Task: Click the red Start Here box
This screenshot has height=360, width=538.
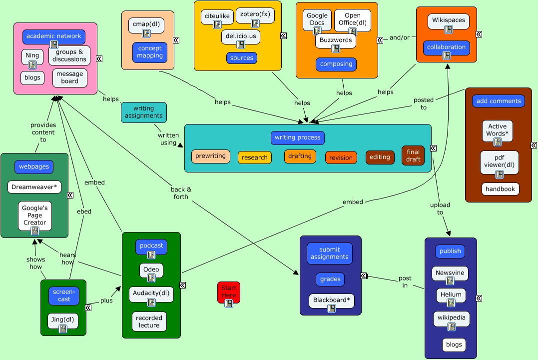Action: tap(228, 290)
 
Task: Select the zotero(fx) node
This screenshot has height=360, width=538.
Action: tap(255, 15)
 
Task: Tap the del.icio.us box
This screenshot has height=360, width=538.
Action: tap(240, 36)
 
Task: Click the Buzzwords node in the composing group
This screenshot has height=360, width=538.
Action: tap(335, 40)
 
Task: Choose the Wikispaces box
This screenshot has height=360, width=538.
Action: tap(448, 20)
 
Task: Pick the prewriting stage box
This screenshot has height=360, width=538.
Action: tap(210, 156)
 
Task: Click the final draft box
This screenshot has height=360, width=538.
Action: tap(413, 155)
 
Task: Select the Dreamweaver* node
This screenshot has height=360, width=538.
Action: tap(34, 187)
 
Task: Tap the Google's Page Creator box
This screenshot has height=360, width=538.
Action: tap(35, 215)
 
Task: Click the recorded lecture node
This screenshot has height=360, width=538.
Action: tap(149, 321)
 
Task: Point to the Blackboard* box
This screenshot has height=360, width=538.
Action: tap(331, 300)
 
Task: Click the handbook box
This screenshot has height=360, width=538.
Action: tap(500, 189)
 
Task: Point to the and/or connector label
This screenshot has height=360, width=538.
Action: tap(399, 37)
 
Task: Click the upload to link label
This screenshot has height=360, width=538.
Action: tap(440, 208)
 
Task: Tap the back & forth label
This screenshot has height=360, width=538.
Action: tap(181, 193)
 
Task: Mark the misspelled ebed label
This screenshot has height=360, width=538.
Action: tap(84, 211)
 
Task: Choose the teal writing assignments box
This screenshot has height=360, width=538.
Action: tap(144, 112)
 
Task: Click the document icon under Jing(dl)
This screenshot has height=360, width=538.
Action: tap(63, 328)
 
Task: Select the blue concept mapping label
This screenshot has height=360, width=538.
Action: tap(150, 52)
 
